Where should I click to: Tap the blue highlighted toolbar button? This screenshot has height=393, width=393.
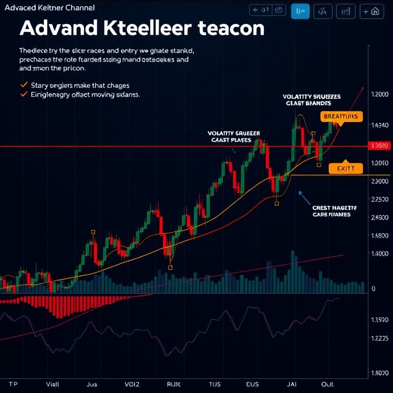[300, 11]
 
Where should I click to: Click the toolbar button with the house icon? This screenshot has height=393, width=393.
[372, 11]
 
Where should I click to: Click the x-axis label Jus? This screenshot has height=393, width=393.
[92, 383]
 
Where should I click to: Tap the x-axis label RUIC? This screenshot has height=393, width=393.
[174, 383]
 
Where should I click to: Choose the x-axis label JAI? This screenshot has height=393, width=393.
[291, 383]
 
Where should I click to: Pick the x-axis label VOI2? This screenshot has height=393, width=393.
[132, 383]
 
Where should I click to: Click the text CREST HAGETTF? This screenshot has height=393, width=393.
[335, 208]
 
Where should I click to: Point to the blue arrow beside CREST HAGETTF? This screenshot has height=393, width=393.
[304, 198]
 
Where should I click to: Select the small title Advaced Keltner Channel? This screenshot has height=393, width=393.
[49, 8]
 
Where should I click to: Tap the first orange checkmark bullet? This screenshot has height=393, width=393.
[23, 85]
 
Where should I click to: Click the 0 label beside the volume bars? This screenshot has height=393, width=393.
[374, 289]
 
